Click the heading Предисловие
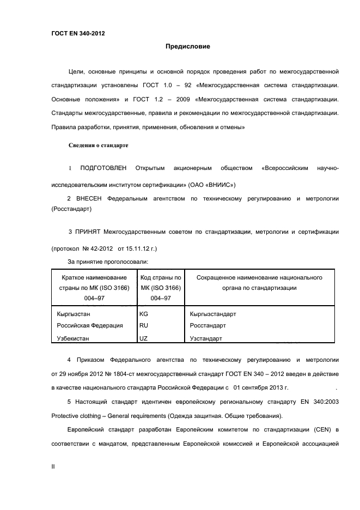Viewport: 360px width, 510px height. (x=188, y=46)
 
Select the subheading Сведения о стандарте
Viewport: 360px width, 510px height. (x=98, y=145)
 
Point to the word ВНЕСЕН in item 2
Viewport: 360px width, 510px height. (x=89, y=199)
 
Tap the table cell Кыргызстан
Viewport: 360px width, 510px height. (x=74, y=314)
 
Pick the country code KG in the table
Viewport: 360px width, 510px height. (x=144, y=314)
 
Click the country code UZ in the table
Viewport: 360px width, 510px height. (x=144, y=338)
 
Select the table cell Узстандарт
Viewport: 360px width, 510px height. (x=206, y=338)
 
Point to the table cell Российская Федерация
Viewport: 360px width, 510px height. (x=90, y=325)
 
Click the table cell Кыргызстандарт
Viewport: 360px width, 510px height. (x=213, y=314)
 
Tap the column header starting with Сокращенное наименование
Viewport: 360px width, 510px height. (x=259, y=282)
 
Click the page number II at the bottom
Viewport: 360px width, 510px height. (x=53, y=467)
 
